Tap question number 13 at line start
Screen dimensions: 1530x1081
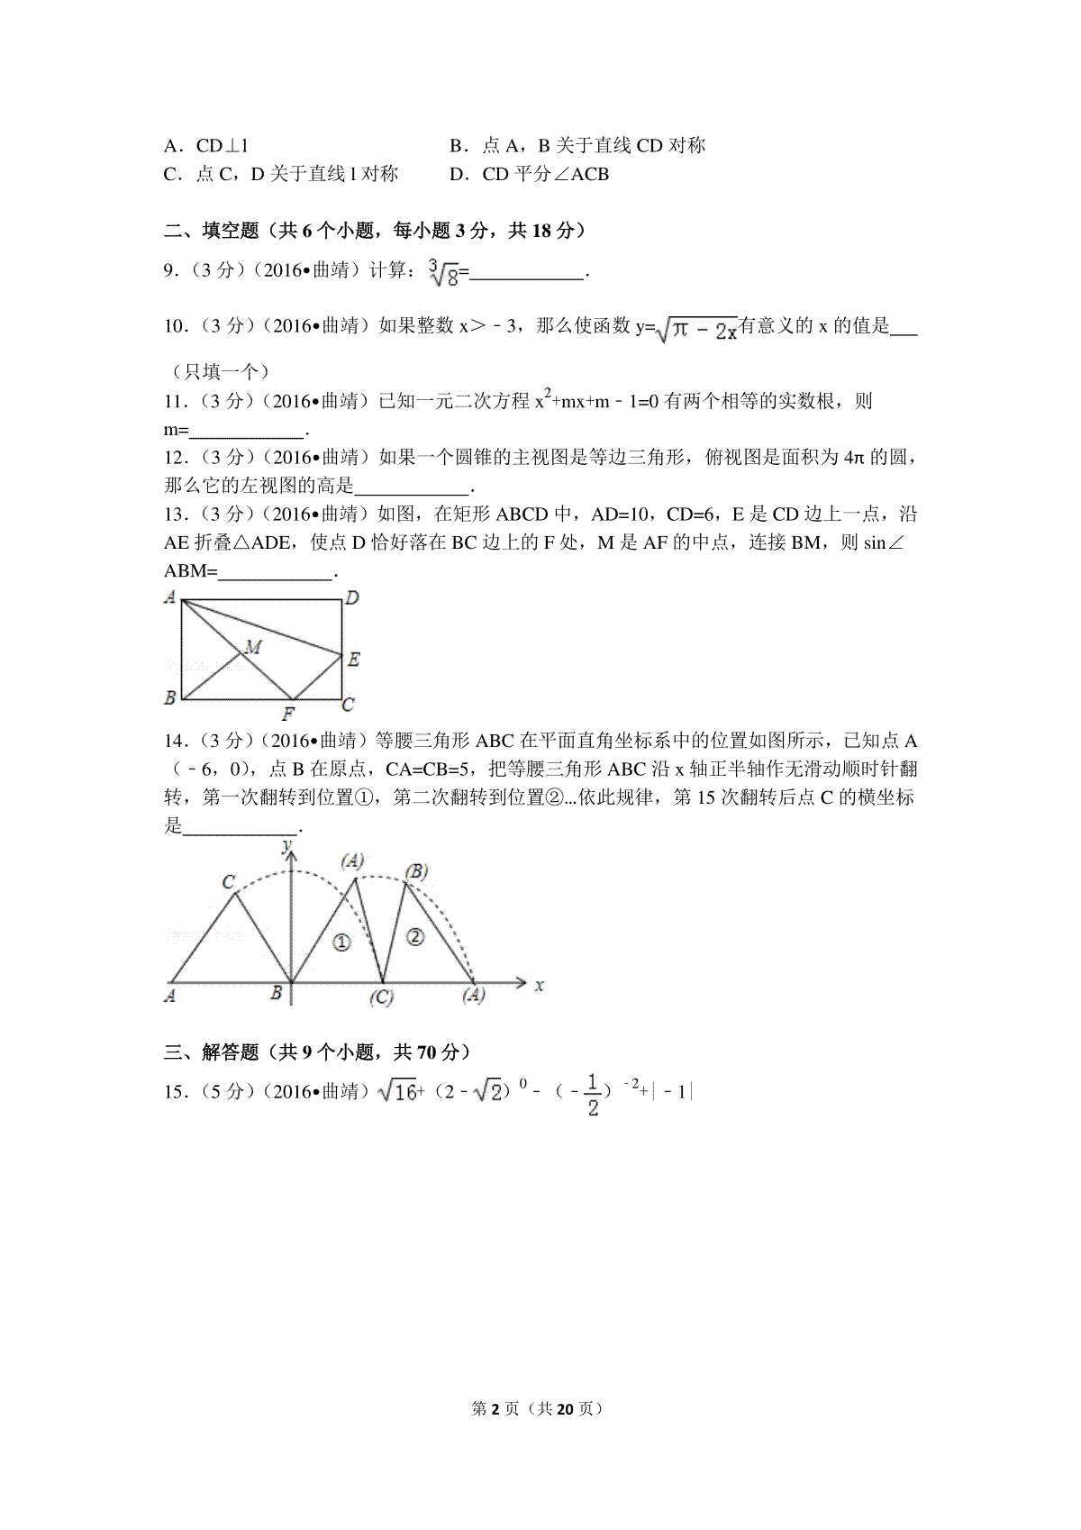click(x=175, y=515)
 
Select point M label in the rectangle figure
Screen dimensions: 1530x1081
click(x=253, y=647)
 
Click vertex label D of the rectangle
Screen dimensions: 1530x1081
click(x=352, y=597)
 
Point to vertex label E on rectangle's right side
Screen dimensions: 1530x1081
click(x=353, y=660)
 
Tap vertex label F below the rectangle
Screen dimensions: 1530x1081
click(x=288, y=715)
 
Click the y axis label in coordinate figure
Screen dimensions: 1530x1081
click(x=287, y=845)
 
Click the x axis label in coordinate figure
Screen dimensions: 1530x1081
click(x=539, y=985)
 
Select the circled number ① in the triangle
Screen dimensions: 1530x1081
click(x=341, y=943)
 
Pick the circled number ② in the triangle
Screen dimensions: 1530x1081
click(x=414, y=936)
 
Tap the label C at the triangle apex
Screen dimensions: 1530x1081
click(x=229, y=882)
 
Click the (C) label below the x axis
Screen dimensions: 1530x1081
click(x=382, y=997)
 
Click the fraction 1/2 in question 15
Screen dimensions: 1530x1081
click(x=592, y=1095)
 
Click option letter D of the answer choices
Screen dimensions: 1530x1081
click(x=456, y=174)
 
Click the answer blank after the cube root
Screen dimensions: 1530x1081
click(x=527, y=271)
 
